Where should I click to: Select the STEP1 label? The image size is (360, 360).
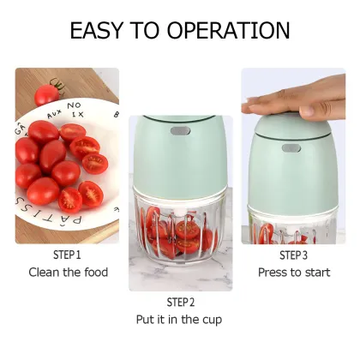67,255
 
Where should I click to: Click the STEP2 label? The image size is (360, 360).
180,303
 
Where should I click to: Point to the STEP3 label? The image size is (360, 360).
292,255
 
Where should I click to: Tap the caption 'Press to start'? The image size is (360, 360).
292,273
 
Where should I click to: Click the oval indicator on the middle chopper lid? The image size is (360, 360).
180,132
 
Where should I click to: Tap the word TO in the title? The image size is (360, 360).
147,31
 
